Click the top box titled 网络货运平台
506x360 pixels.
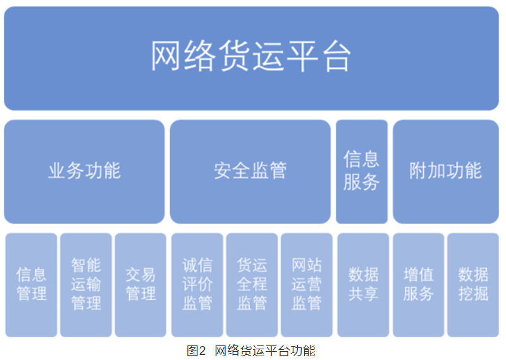pyautogui.click(x=251, y=58)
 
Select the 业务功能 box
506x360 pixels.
pyautogui.click(x=84, y=171)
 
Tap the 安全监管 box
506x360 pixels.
pyautogui.click(x=250, y=171)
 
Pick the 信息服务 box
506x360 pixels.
pyautogui.click(x=362, y=171)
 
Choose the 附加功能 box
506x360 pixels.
pyautogui.click(x=446, y=171)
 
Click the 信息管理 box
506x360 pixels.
pyautogui.click(x=31, y=285)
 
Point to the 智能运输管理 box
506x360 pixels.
pyautogui.click(x=86, y=285)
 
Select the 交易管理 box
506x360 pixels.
pyautogui.click(x=140, y=285)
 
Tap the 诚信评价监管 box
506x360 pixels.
pyautogui.click(x=197, y=285)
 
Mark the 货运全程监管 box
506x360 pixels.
pyautogui.click(x=252, y=285)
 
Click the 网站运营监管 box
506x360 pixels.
pyautogui.click(x=307, y=285)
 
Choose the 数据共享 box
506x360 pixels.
pyautogui.click(x=363, y=285)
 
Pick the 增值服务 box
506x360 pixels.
pyautogui.click(x=419, y=285)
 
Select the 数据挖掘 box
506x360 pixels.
pyautogui.click(x=473, y=285)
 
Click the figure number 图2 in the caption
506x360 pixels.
pyautogui.click(x=196, y=351)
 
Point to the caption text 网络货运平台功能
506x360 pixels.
pyautogui.click(x=265, y=351)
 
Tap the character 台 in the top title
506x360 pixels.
pyautogui.click(x=336, y=56)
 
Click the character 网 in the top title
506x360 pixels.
pyautogui.click(x=165, y=56)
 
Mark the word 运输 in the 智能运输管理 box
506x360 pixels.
pyautogui.click(x=86, y=285)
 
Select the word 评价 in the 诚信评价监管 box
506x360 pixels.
pyautogui.click(x=197, y=285)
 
